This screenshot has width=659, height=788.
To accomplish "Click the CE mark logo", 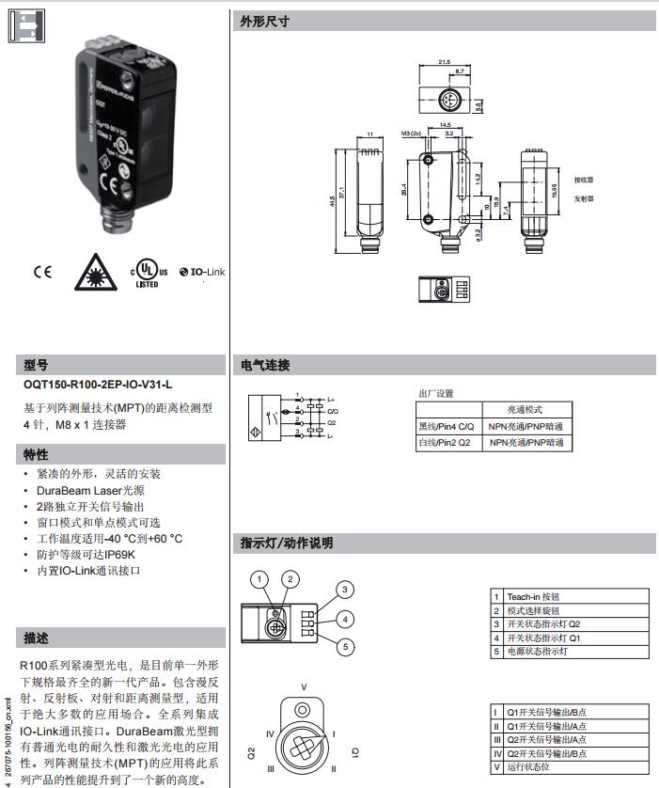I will pos(43,273).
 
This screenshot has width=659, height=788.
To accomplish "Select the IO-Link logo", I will pos(202,273).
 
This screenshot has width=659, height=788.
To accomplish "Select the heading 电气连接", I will pos(264,365).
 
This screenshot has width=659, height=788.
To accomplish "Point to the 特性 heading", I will pos(36,455).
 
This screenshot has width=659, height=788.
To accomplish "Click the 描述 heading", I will pos(36,638).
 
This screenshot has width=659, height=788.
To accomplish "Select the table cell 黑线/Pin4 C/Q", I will pos(447,426).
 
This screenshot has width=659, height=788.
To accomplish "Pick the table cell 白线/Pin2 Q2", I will pos(446,442).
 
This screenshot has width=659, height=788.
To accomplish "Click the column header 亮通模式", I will pos(525,410).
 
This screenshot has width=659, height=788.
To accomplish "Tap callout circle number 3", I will pos(346,590).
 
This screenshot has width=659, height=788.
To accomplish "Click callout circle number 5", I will pos(346,646).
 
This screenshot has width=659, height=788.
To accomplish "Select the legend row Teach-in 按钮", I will pos(533,596).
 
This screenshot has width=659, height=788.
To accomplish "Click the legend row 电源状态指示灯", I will pos(537,651).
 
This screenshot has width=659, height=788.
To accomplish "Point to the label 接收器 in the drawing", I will pos(583,180).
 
